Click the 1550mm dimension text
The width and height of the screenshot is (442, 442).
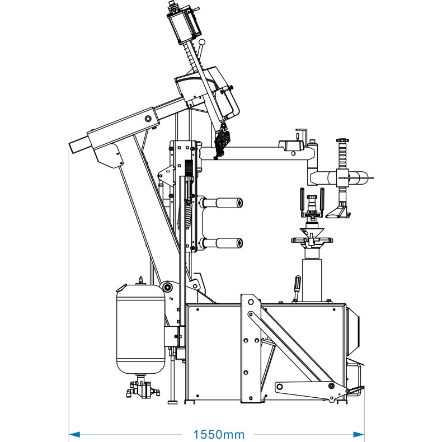219,434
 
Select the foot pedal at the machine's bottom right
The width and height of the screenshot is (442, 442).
354,389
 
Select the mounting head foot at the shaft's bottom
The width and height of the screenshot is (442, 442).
340,211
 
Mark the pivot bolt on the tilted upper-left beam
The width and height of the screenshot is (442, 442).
148,119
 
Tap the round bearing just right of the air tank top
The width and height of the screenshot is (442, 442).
166,288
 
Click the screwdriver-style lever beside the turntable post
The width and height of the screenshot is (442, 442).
298,287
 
